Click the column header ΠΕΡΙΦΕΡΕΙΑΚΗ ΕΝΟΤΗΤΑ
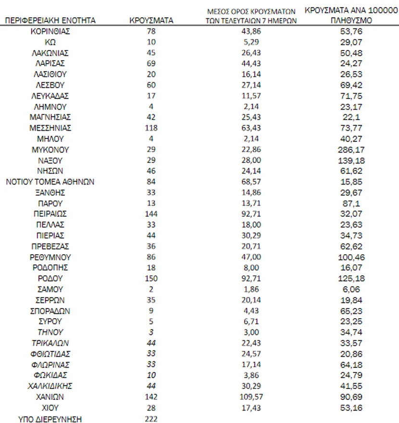(x=50, y=21)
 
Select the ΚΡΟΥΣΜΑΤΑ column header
(x=151, y=21)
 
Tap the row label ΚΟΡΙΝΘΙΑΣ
(x=50, y=31)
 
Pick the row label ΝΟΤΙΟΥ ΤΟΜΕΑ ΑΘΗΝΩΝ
(x=50, y=182)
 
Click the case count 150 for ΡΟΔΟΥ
(x=151, y=279)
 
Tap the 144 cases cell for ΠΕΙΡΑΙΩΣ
(x=151, y=214)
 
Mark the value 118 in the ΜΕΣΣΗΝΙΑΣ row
(x=151, y=128)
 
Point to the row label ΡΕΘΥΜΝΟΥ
(x=50, y=257)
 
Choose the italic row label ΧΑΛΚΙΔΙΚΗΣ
(x=50, y=386)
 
